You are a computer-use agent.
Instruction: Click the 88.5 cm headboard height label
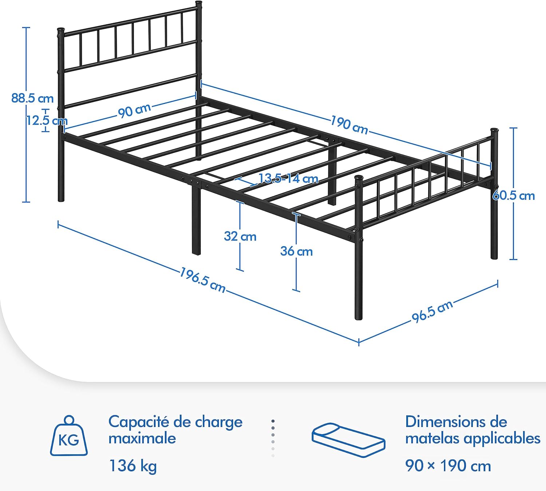pos(32,98)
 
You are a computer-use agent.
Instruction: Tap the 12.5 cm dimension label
pos(47,121)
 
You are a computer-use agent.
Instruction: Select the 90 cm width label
pos(134,111)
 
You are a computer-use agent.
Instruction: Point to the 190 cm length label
pos(349,125)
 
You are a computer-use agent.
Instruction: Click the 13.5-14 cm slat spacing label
pos(288,178)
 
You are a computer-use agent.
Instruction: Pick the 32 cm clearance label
pos(240,236)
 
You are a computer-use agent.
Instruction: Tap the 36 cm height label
pos(296,251)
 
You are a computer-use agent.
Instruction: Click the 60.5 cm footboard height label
pos(514,196)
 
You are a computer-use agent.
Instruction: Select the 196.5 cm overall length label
pos(202,280)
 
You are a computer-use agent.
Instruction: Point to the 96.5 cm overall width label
pos(432,311)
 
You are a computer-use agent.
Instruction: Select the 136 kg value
pos(133,466)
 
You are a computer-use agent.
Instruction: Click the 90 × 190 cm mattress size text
pos(448,466)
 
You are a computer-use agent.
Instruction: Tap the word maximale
pos(142,439)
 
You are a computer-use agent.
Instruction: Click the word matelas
pos(432,439)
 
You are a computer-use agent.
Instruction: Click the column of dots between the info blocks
pos(273,439)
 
